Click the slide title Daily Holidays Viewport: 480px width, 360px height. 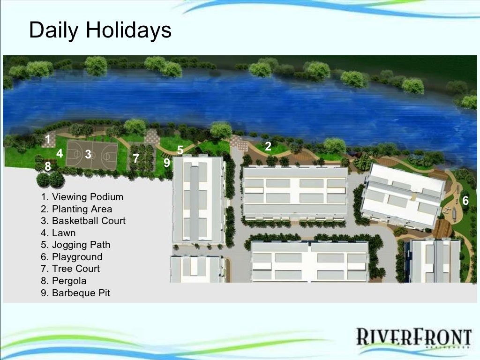point(100,30)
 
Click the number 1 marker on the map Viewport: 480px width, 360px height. point(48,139)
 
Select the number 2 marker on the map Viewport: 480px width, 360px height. point(268,146)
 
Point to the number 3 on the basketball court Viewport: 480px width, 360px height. point(88,154)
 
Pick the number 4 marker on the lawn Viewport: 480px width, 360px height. point(60,153)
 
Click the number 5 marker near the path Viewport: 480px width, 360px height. point(180,150)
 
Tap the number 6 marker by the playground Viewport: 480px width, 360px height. point(465,201)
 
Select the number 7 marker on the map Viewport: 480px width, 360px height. point(136,158)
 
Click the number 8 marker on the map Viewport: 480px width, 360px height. point(48,166)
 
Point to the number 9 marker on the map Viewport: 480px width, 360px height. point(167,163)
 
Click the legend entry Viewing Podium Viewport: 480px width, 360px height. point(82,197)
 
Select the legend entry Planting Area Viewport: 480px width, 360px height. point(76,209)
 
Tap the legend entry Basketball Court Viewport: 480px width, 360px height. point(83,221)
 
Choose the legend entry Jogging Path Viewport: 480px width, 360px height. point(75,245)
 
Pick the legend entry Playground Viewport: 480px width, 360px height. point(71,257)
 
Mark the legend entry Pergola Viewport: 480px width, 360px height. point(64,281)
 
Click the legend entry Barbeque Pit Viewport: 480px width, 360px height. point(75,293)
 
